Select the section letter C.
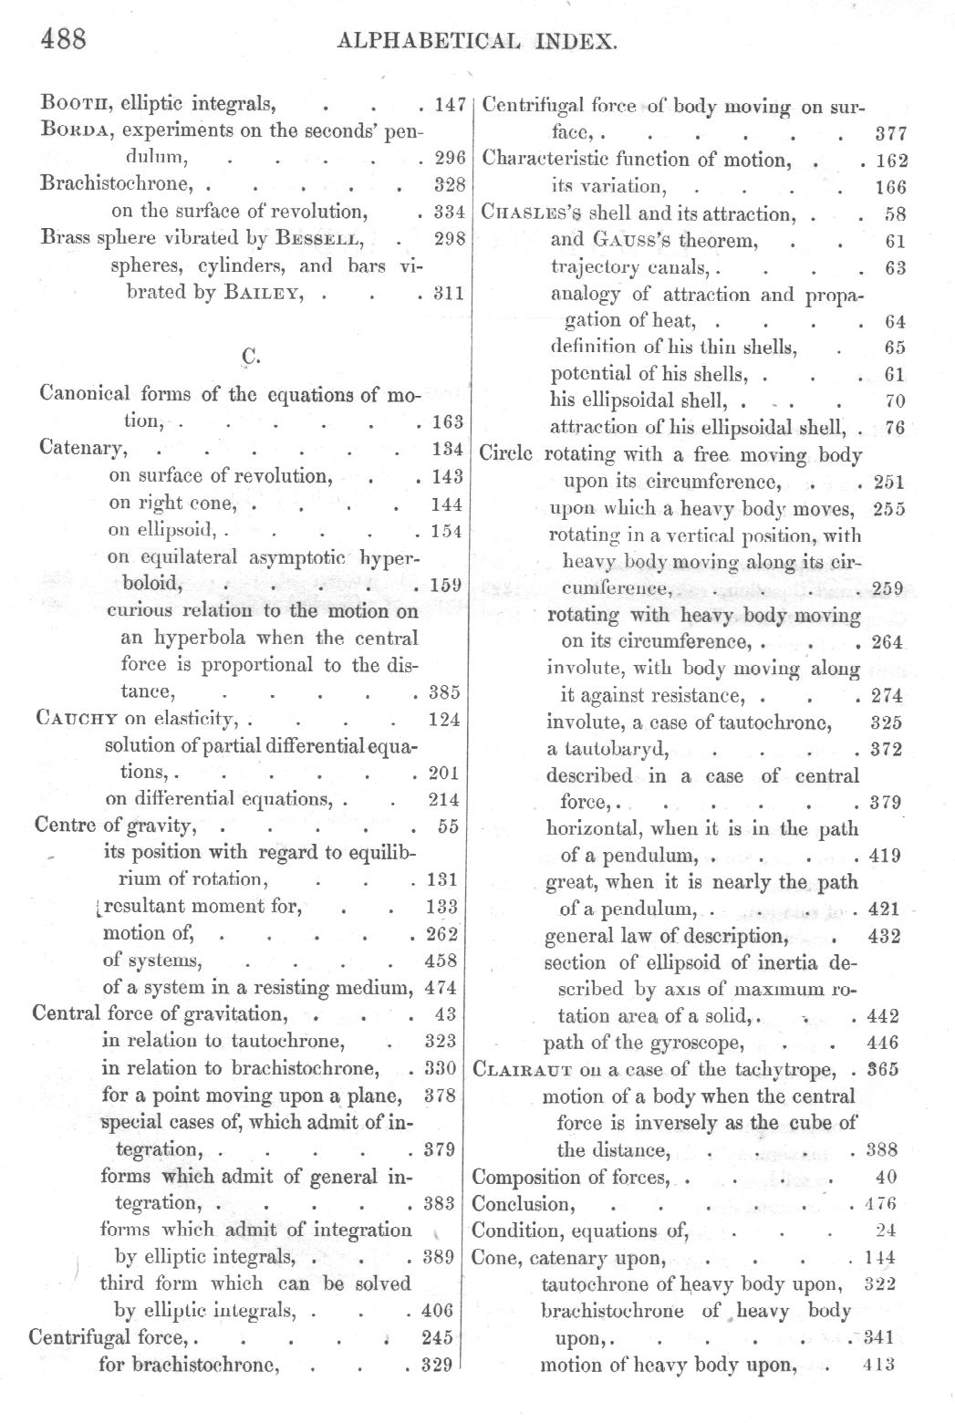250,357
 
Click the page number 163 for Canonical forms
446,422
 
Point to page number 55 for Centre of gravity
448,826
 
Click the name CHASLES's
533,214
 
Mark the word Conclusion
523,1204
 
